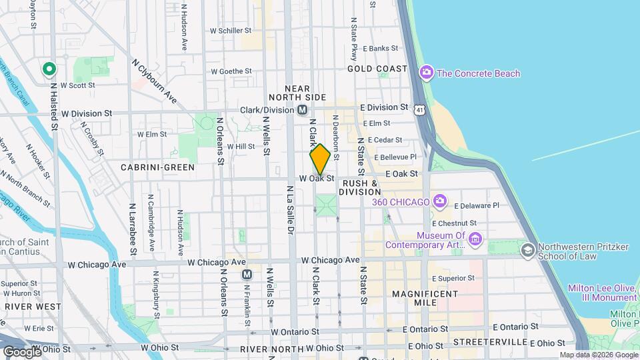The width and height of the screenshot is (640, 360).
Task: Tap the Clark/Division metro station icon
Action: tap(303, 110)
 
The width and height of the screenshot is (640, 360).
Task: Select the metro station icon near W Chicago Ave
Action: tap(247, 275)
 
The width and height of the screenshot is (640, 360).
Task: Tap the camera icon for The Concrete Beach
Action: tap(427, 73)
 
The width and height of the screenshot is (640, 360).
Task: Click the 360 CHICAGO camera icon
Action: tap(439, 201)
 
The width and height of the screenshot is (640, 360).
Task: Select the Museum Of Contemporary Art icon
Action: tap(475, 239)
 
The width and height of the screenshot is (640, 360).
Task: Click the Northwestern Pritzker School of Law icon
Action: tap(527, 250)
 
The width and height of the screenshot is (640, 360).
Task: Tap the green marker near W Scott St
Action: tap(49, 69)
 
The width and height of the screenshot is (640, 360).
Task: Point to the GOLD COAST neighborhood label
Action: tap(377, 69)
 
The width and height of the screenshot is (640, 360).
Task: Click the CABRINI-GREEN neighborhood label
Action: tap(158, 167)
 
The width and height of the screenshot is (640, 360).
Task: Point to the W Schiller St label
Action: tap(231, 31)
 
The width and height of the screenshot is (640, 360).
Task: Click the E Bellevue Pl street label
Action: tap(395, 157)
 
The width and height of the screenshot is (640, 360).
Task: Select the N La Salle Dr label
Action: tap(290, 212)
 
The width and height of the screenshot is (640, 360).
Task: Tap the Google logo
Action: tap(22, 351)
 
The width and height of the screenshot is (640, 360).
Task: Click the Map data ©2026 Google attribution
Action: tap(598, 355)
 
